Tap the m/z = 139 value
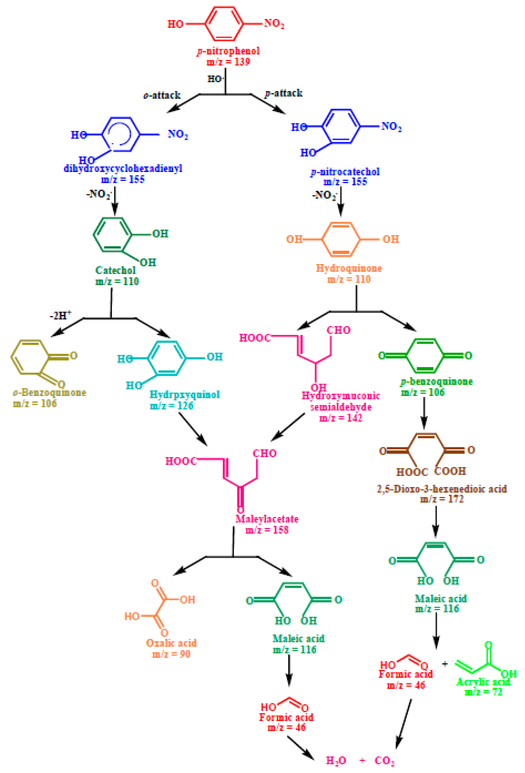228,62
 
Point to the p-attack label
283,93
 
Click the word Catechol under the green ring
115,270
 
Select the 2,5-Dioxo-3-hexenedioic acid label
442,489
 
